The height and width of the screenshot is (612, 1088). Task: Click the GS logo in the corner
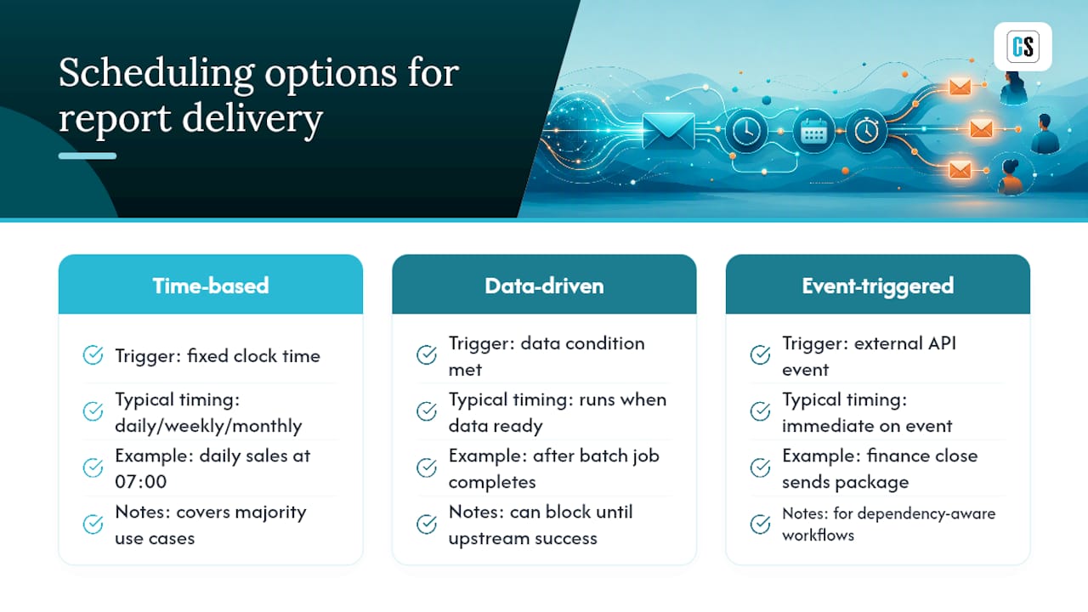(x=1023, y=47)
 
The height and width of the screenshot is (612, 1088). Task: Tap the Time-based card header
(x=210, y=284)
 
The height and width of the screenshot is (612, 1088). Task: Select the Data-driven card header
(x=544, y=284)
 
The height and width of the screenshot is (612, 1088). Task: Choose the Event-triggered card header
(x=878, y=284)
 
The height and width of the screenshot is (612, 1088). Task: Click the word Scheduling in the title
(x=156, y=73)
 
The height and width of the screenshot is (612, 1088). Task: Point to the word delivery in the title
(x=252, y=118)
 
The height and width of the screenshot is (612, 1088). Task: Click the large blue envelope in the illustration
(x=668, y=130)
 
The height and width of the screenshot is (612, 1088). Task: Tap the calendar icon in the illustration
(x=813, y=131)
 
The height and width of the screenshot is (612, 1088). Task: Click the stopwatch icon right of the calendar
(x=866, y=130)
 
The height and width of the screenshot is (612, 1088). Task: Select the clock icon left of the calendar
(x=746, y=131)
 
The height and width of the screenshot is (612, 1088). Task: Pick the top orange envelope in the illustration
(x=960, y=87)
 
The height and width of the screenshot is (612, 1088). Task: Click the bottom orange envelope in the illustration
(x=960, y=170)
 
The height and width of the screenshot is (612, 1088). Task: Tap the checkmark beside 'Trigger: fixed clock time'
(x=93, y=355)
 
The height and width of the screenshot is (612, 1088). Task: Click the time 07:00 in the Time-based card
(x=141, y=482)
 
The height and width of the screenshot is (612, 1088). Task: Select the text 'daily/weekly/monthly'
(x=208, y=426)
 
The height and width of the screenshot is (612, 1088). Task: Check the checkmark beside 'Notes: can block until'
(x=427, y=524)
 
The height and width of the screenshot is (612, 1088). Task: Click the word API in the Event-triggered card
(x=942, y=343)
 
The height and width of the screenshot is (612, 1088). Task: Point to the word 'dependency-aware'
(x=926, y=514)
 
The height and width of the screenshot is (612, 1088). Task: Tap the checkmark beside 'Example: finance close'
(x=760, y=467)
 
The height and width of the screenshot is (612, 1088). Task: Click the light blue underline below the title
(x=88, y=156)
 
